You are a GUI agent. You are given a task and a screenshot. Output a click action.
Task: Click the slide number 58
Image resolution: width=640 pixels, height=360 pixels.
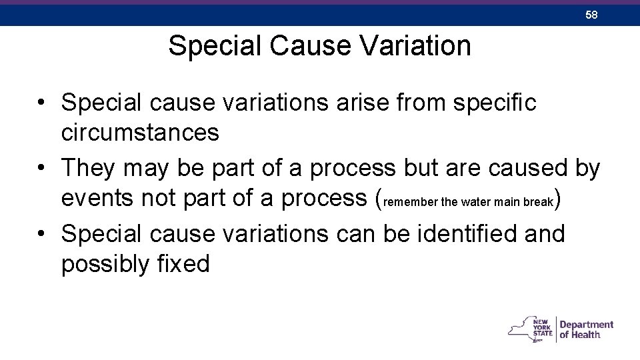(x=591, y=15)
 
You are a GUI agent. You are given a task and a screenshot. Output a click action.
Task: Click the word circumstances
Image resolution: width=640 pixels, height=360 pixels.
(x=140, y=133)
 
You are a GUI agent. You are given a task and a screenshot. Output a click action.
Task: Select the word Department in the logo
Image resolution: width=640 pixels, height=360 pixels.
(x=587, y=325)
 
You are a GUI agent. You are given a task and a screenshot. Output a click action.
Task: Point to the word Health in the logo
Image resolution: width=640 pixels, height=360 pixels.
(x=586, y=335)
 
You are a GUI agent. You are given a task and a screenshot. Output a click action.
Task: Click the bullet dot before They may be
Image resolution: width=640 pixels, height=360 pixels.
(x=41, y=169)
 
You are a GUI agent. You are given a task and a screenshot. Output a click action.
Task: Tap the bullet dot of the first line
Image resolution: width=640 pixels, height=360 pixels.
(x=41, y=103)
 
